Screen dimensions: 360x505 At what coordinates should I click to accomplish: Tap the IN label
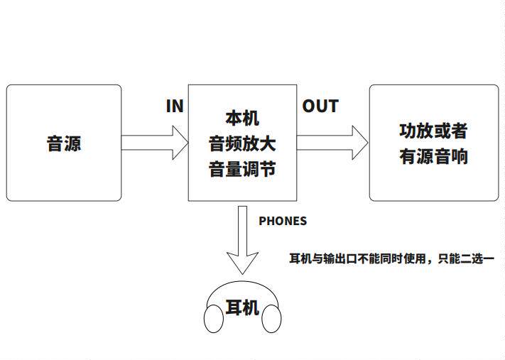[x=175, y=107]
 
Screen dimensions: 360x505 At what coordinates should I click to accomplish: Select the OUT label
[x=320, y=107]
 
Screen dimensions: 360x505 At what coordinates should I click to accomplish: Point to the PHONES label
[x=283, y=221]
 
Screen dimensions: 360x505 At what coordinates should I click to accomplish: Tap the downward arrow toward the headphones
[x=242, y=234]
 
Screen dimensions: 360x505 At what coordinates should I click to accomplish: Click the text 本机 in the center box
[x=242, y=118]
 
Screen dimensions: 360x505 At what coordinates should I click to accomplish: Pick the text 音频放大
[x=242, y=144]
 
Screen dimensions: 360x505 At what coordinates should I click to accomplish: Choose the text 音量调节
[x=242, y=170]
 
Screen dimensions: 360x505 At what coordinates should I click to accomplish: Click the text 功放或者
[x=433, y=131]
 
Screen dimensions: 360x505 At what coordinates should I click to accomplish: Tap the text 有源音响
[x=433, y=156]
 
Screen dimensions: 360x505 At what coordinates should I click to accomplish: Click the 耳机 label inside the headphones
[x=242, y=308]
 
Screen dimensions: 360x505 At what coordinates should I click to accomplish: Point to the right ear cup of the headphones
[x=271, y=320]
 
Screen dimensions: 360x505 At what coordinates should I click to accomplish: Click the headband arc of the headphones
[x=242, y=285]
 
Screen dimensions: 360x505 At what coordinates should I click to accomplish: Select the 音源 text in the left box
[x=64, y=143]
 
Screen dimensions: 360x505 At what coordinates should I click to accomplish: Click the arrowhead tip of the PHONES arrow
[x=242, y=272]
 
